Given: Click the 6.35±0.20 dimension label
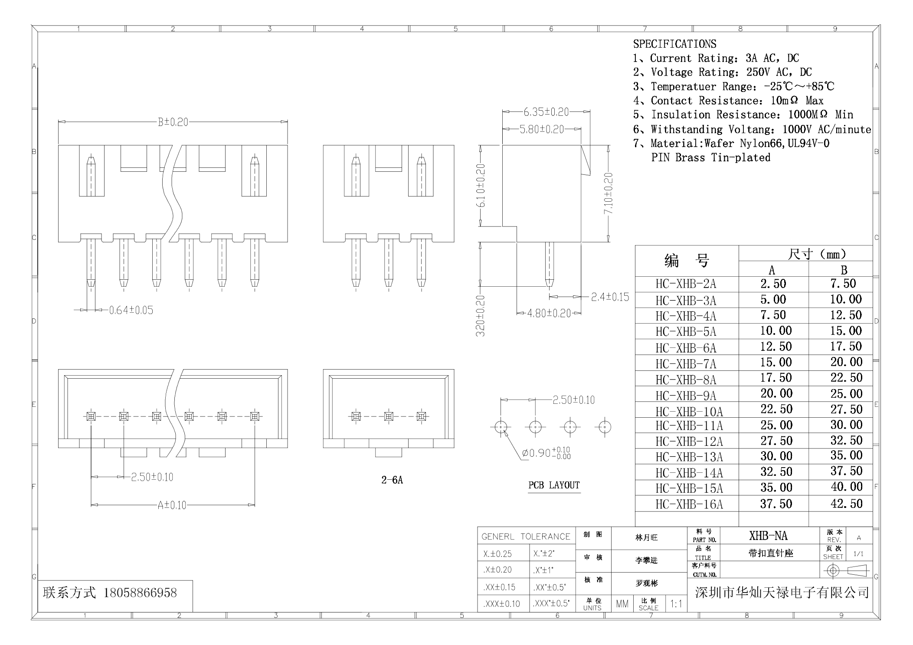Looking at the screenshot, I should (x=546, y=112).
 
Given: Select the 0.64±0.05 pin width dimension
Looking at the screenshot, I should (x=131, y=310).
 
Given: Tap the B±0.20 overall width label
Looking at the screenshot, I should (x=173, y=122).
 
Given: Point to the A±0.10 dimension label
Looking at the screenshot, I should (x=172, y=505).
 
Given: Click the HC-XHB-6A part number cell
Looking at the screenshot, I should (x=686, y=348).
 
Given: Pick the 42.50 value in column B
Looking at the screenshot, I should (x=846, y=504).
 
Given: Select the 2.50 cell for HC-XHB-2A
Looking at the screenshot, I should (x=773, y=284).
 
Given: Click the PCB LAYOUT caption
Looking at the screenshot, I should (x=554, y=485).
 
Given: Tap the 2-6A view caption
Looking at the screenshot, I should (x=392, y=480).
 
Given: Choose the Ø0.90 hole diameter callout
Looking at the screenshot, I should (x=546, y=453).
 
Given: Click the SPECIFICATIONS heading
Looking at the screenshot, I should (x=674, y=44).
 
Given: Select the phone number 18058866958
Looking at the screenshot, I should (x=140, y=593).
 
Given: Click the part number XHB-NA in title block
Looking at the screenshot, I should (x=768, y=536).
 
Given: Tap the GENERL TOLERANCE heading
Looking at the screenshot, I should (x=526, y=537).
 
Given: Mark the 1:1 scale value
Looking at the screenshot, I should (x=676, y=604).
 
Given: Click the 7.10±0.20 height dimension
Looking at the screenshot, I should (x=609, y=193).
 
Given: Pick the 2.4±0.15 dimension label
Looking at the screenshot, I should (x=610, y=297).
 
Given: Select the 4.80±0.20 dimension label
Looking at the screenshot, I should (x=549, y=313).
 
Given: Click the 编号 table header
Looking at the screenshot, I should (x=687, y=261).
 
